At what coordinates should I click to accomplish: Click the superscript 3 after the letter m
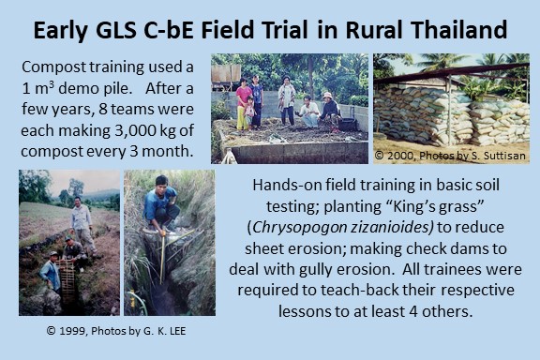(x=52, y=84)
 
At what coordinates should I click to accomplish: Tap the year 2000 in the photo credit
(x=400, y=156)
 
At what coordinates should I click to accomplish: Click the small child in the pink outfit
(x=248, y=112)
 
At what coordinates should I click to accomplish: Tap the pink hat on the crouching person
(x=327, y=95)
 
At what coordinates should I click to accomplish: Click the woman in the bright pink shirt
(x=243, y=103)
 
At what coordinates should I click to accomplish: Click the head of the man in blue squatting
(x=161, y=182)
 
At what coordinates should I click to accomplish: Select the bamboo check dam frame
(x=67, y=279)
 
